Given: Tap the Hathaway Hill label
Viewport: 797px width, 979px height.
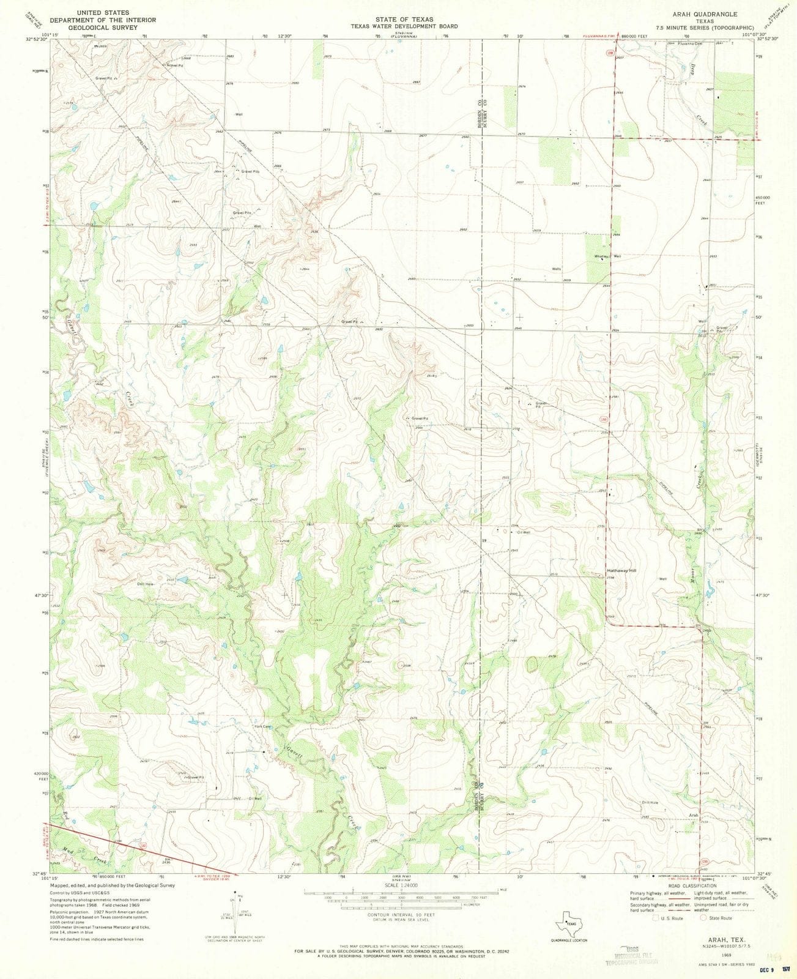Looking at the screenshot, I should click(621, 570).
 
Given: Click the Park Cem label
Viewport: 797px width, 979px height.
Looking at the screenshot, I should click(262, 727).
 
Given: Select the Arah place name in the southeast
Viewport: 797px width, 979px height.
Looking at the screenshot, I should click(693, 815).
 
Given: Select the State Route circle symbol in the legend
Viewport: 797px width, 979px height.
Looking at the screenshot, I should click(703, 918).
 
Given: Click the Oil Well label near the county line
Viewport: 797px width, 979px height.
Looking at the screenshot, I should click(523, 532).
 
